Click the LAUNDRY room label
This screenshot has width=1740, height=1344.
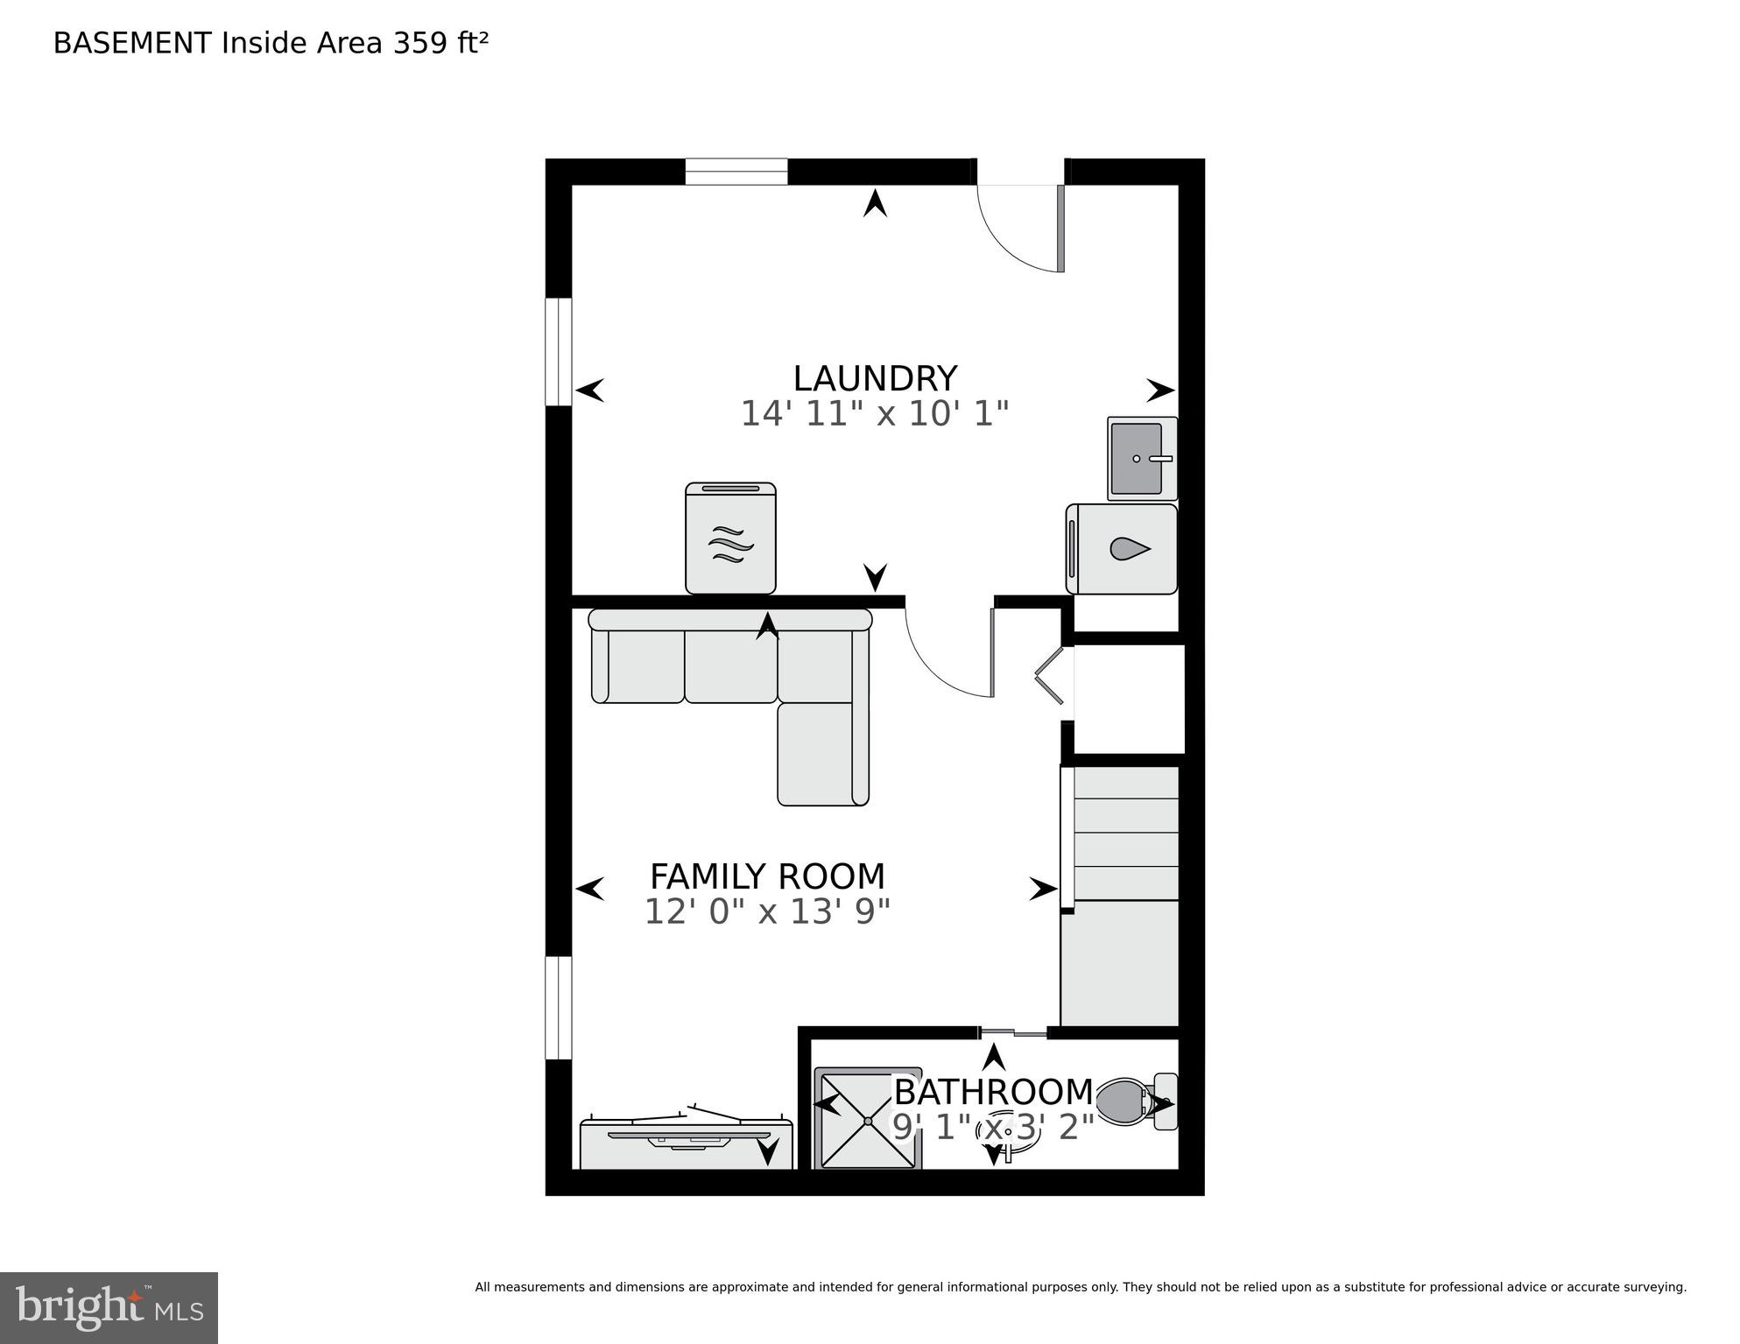(874, 379)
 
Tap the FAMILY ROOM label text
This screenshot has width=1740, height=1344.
(767, 876)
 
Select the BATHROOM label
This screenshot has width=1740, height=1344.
(993, 1092)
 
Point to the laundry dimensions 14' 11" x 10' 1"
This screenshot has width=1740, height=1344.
(874, 413)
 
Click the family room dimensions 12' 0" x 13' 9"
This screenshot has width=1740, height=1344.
(767, 912)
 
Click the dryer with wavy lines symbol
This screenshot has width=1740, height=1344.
(730, 538)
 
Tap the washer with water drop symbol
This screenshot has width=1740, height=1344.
(1122, 549)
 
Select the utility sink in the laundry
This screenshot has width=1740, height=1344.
(1141, 459)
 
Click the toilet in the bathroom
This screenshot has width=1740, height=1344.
(1130, 1101)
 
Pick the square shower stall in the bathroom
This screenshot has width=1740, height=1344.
(868, 1119)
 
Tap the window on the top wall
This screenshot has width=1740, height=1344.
(736, 172)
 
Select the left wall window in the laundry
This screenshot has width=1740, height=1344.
(559, 352)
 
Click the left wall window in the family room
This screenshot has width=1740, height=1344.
(559, 1008)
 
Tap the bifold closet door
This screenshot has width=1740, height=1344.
(1051, 675)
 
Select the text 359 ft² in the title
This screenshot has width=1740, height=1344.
(440, 43)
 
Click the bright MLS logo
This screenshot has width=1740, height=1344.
(109, 1307)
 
